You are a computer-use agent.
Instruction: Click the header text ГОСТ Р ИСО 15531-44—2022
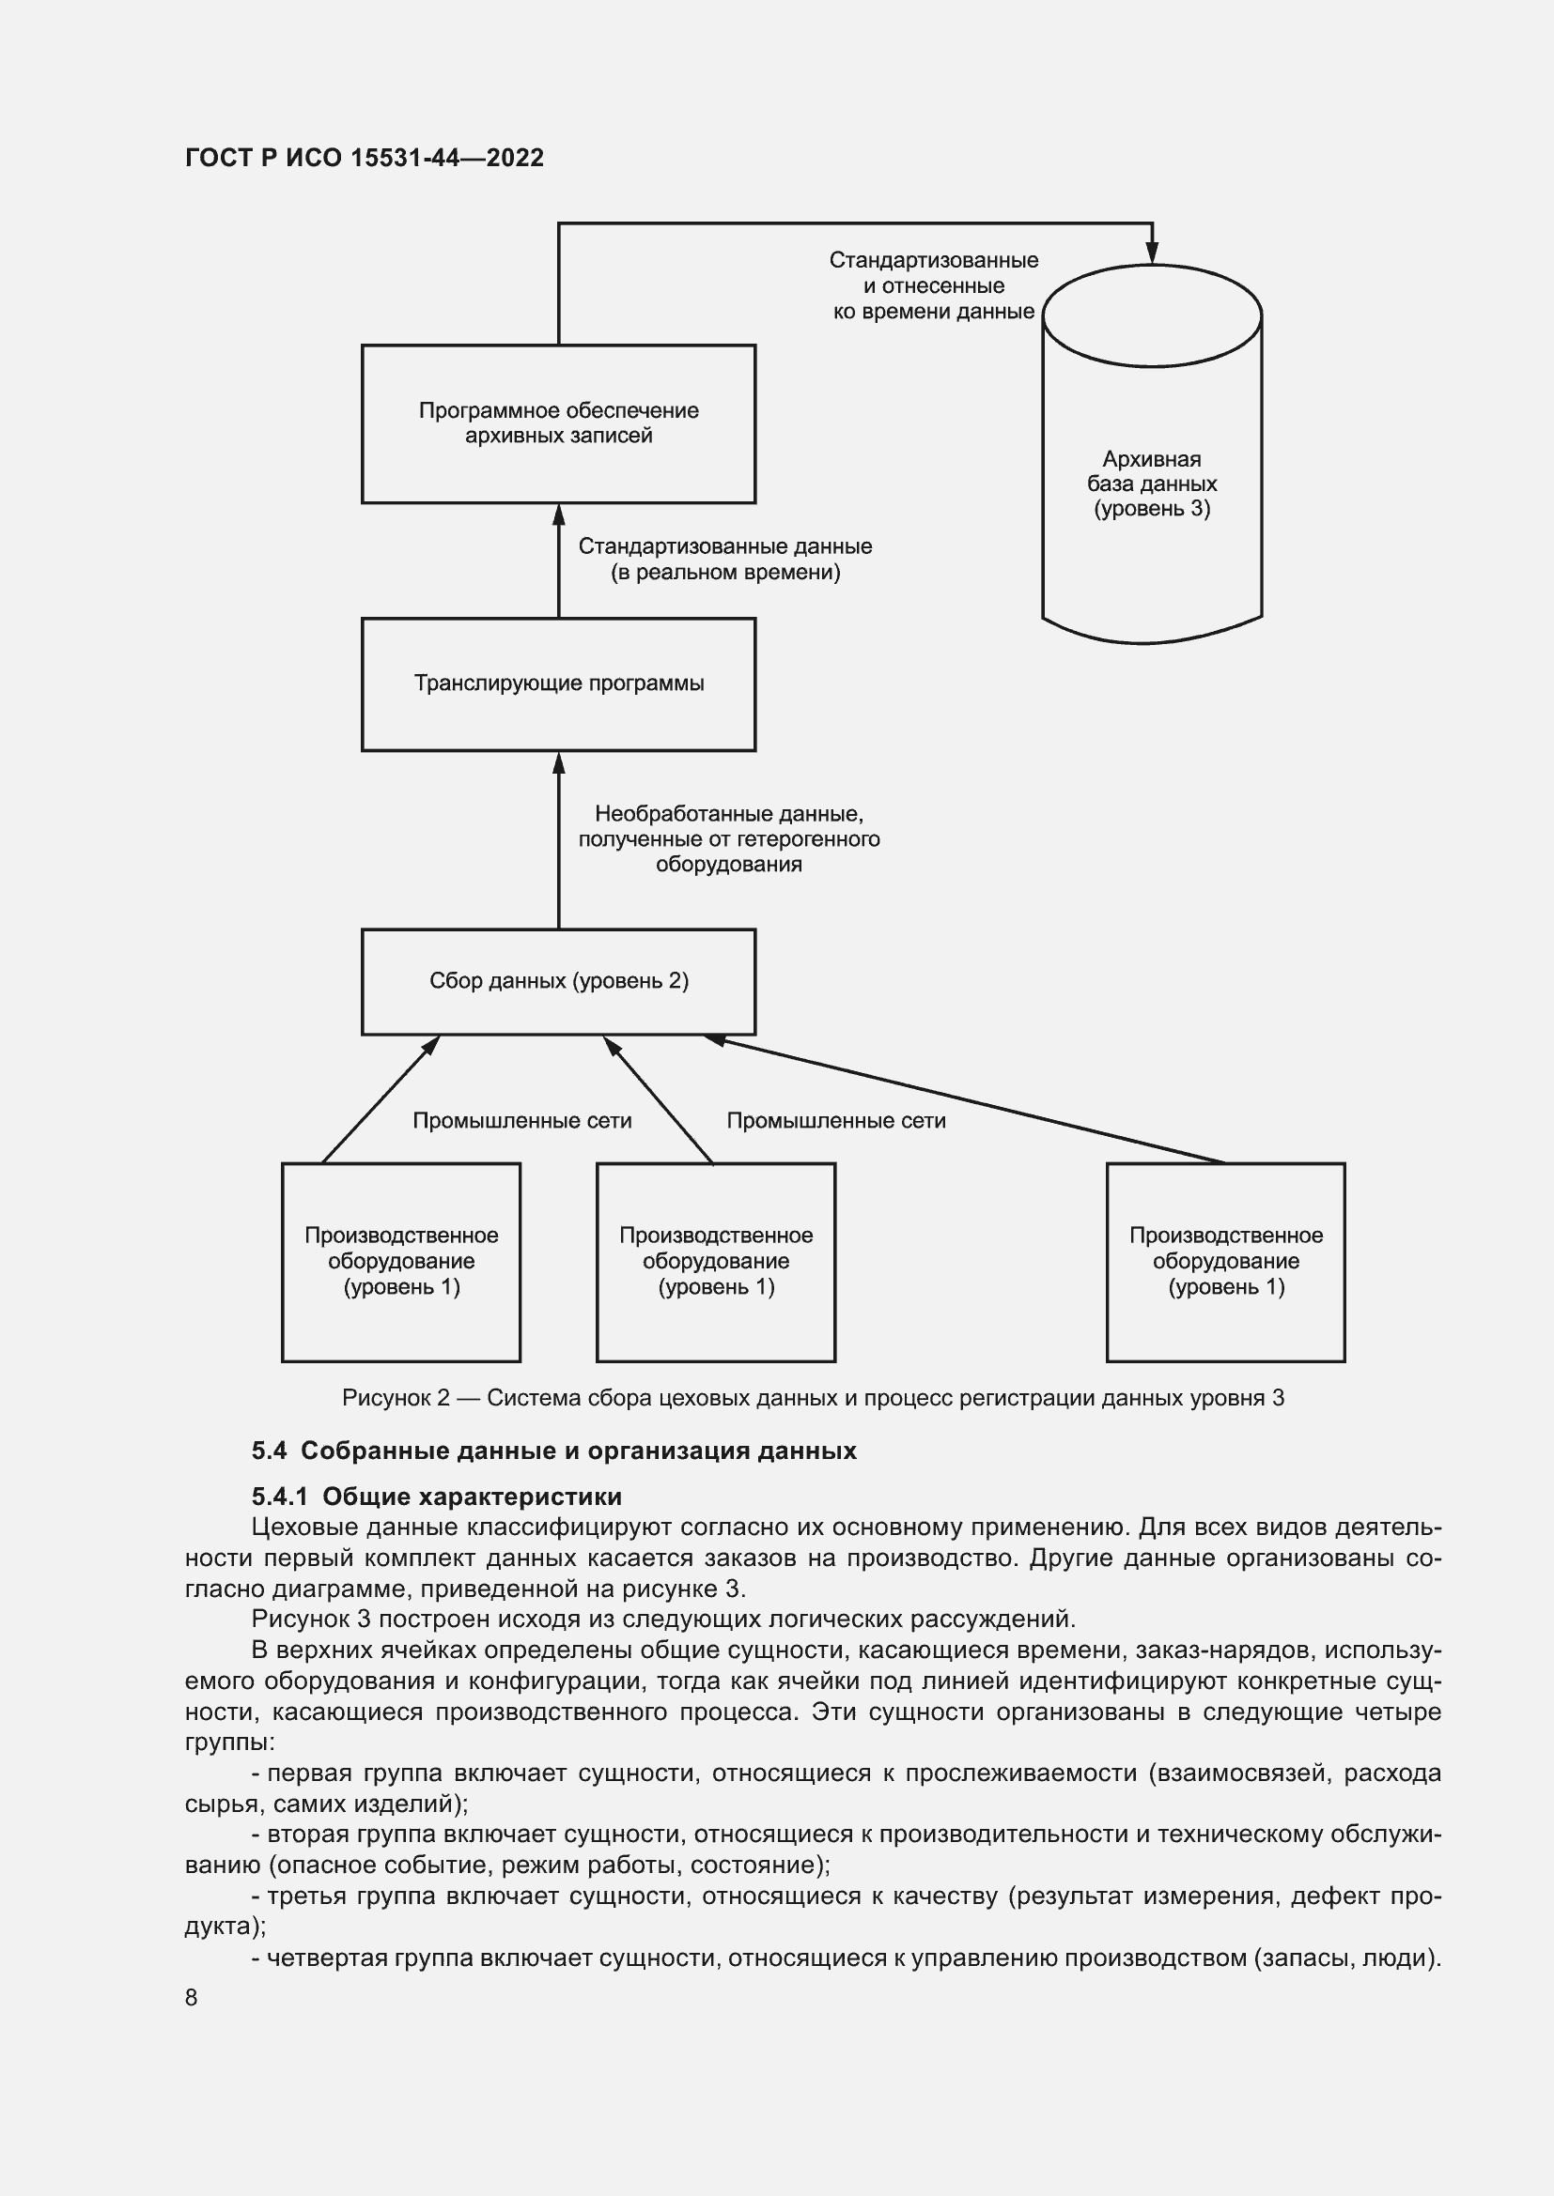pyautogui.click(x=364, y=158)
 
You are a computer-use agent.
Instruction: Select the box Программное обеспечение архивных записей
pyautogui.click(x=558, y=423)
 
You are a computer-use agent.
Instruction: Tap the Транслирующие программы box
pyautogui.click(x=558, y=683)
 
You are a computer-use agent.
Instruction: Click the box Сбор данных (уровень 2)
pyautogui.click(x=558, y=981)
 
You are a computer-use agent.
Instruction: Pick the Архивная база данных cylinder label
pyautogui.click(x=1151, y=484)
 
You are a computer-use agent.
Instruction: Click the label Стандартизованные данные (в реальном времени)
pyautogui.click(x=724, y=560)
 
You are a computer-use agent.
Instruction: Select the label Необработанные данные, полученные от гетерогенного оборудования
pyautogui.click(x=728, y=838)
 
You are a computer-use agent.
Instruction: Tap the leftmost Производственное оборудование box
pyautogui.click(x=401, y=1262)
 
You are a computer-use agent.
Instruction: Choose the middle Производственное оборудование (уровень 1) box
pyautogui.click(x=716, y=1262)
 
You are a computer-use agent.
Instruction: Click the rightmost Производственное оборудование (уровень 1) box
pyautogui.click(x=1226, y=1262)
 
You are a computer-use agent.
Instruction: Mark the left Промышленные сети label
pyautogui.click(x=521, y=1121)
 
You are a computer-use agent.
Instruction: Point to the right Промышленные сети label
pyautogui.click(x=835, y=1121)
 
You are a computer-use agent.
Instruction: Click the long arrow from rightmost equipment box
pyautogui.click(x=967, y=1100)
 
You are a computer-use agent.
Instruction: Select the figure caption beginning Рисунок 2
pyautogui.click(x=813, y=1398)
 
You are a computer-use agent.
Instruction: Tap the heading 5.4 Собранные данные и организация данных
pyautogui.click(x=554, y=1451)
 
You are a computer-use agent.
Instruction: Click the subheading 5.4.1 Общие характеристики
pyautogui.click(x=436, y=1497)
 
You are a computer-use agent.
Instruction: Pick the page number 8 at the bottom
pyautogui.click(x=192, y=1997)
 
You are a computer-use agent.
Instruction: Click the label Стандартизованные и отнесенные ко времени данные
pyautogui.click(x=933, y=286)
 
